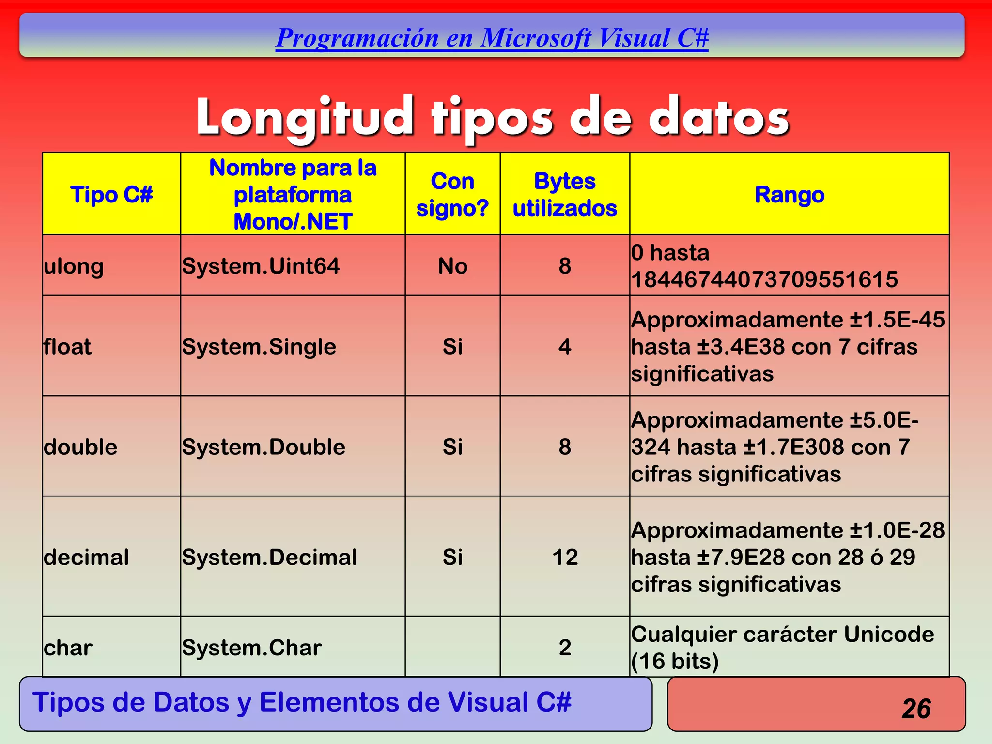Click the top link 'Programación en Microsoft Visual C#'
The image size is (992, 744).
[492, 38]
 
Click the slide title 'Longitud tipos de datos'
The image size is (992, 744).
[493, 118]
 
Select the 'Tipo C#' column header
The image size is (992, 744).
[111, 195]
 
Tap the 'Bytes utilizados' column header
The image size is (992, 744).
[565, 195]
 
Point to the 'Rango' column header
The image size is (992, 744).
[789, 195]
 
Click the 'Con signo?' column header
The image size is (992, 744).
[452, 195]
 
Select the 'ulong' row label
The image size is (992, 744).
[74, 266]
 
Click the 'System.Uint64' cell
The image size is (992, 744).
[261, 266]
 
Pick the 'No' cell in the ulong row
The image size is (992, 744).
[452, 266]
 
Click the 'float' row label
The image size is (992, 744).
[67, 347]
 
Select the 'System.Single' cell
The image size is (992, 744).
[259, 347]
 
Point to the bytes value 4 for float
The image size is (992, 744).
[565, 347]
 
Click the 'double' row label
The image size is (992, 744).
[80, 447]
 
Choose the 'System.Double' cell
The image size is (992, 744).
[263, 447]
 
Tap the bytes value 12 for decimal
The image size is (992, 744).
[565, 557]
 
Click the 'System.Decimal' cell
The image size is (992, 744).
[269, 557]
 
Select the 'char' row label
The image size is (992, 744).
[68, 648]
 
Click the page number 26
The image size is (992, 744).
[916, 709]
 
